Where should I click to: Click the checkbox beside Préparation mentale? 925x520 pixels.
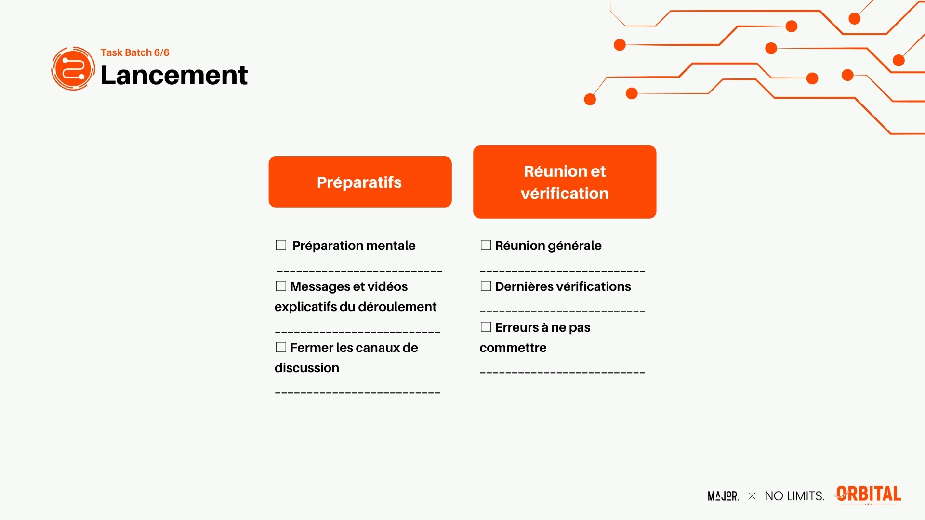[281, 245]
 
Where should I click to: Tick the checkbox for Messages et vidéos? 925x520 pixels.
[281, 286]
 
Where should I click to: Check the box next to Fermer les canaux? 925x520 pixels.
[281, 347]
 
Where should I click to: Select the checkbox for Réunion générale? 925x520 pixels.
[486, 245]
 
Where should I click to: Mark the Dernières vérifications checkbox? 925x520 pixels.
[486, 286]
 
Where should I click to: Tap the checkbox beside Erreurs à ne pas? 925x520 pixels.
[486, 327]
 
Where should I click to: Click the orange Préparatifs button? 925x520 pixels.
[360, 182]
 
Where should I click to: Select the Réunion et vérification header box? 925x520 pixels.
[565, 182]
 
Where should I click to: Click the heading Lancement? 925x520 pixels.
[174, 75]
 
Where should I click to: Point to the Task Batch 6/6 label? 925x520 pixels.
[135, 52]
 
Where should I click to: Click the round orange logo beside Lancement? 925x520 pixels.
[73, 68]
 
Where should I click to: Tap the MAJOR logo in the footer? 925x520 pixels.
[723, 496]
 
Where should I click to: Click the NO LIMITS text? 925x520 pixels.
[794, 496]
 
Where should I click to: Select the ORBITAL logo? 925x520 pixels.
[868, 494]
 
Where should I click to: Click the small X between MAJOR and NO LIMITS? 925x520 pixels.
[752, 496]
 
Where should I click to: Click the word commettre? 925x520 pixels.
[513, 348]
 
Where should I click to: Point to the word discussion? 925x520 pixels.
[307, 368]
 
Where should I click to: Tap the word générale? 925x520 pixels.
[575, 246]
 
